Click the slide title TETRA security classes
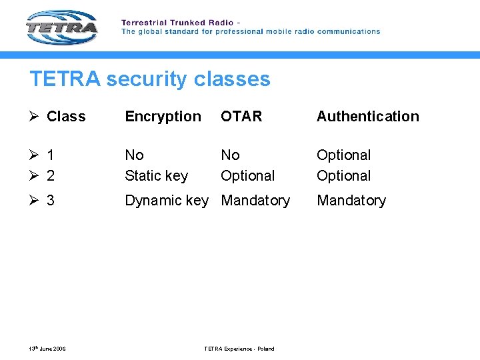(150, 79)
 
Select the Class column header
(66, 116)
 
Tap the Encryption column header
(163, 116)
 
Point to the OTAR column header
(241, 116)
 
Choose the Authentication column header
(367, 116)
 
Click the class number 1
(51, 155)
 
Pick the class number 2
(51, 176)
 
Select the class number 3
(51, 201)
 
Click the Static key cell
(156, 176)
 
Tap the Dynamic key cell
(166, 200)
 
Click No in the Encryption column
(134, 155)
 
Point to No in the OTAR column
(230, 155)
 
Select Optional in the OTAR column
(247, 176)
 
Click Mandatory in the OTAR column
(255, 200)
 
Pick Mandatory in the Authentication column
(351, 200)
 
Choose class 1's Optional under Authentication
(343, 155)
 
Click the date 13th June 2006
(47, 349)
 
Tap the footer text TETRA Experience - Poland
(239, 349)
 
